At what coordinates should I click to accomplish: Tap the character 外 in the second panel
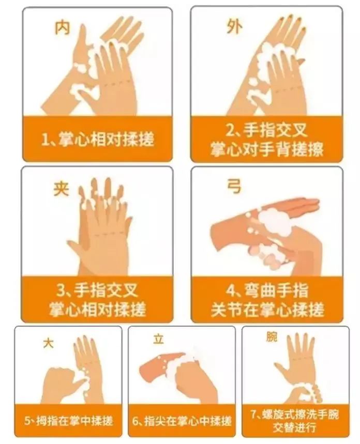tap(234, 26)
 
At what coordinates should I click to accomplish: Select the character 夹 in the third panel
tap(61, 189)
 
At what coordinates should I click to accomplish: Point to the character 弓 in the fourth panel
tap(234, 187)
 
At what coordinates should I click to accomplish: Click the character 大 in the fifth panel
tap(48, 344)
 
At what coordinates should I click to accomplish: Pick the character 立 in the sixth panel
tap(158, 339)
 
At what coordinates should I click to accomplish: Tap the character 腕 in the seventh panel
tap(272, 337)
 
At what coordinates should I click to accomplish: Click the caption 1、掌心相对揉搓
tap(98, 139)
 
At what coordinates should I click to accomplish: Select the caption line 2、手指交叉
tap(266, 131)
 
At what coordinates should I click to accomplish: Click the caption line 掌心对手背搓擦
tap(266, 149)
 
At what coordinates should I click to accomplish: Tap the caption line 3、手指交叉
tap(97, 290)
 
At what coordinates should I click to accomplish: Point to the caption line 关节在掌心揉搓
tap(267, 309)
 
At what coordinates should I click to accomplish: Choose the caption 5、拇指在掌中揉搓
tap(68, 421)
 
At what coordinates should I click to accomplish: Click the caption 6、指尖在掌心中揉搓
tap(182, 421)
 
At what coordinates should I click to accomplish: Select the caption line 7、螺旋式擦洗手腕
tap(295, 415)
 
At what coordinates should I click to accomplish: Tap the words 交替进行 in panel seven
tap(295, 427)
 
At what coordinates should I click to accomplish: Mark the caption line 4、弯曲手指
tap(267, 290)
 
